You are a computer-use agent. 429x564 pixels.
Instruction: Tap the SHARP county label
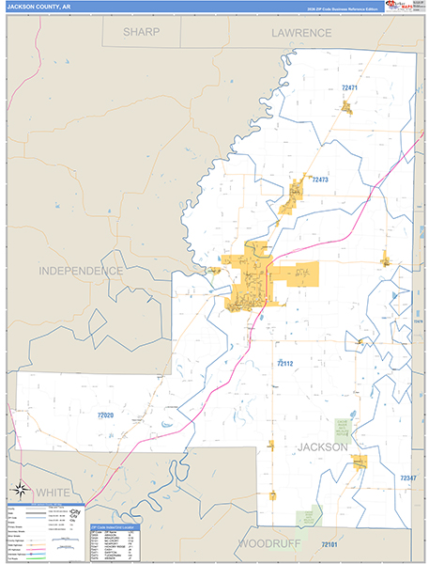(x=141, y=32)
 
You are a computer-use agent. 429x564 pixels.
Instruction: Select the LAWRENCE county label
(x=302, y=32)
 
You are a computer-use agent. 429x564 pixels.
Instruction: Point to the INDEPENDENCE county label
(x=81, y=271)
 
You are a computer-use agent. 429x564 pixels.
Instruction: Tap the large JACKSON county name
(x=323, y=446)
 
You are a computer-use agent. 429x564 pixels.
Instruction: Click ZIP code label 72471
(x=349, y=87)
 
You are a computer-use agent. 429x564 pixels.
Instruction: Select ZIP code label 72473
(x=321, y=179)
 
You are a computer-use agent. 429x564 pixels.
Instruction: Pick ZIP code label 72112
(x=284, y=363)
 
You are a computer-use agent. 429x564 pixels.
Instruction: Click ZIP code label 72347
(x=406, y=478)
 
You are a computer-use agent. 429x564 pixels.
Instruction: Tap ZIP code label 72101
(x=329, y=544)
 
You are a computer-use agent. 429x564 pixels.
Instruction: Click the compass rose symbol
(x=21, y=488)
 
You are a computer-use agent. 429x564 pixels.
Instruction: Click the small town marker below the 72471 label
(x=346, y=107)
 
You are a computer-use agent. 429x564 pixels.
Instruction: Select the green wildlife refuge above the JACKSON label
(x=344, y=428)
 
